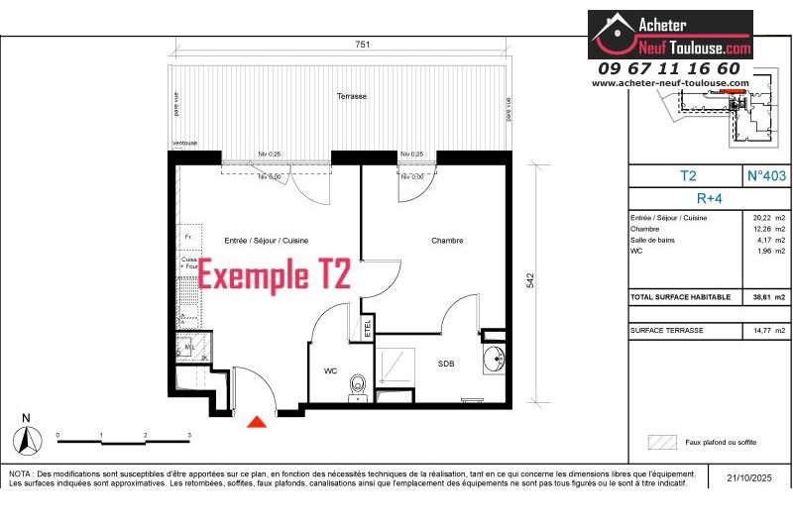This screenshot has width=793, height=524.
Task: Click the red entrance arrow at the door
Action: click(257, 422)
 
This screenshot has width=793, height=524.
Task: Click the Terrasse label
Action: click(351, 96)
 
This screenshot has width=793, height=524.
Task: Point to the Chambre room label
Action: click(447, 241)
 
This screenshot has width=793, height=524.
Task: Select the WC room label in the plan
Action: click(330, 371)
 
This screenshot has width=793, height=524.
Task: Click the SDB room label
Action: click(446, 364)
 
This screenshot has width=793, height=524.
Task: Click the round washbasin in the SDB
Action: click(494, 360)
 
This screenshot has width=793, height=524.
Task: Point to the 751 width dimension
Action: click(363, 45)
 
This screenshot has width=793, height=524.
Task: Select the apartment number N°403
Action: click(766, 175)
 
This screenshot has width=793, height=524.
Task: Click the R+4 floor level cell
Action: click(710, 196)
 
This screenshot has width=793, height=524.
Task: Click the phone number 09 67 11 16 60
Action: click(669, 68)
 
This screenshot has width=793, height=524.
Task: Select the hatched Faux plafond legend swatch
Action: click(661, 442)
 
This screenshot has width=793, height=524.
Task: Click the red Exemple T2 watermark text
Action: click(275, 274)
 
